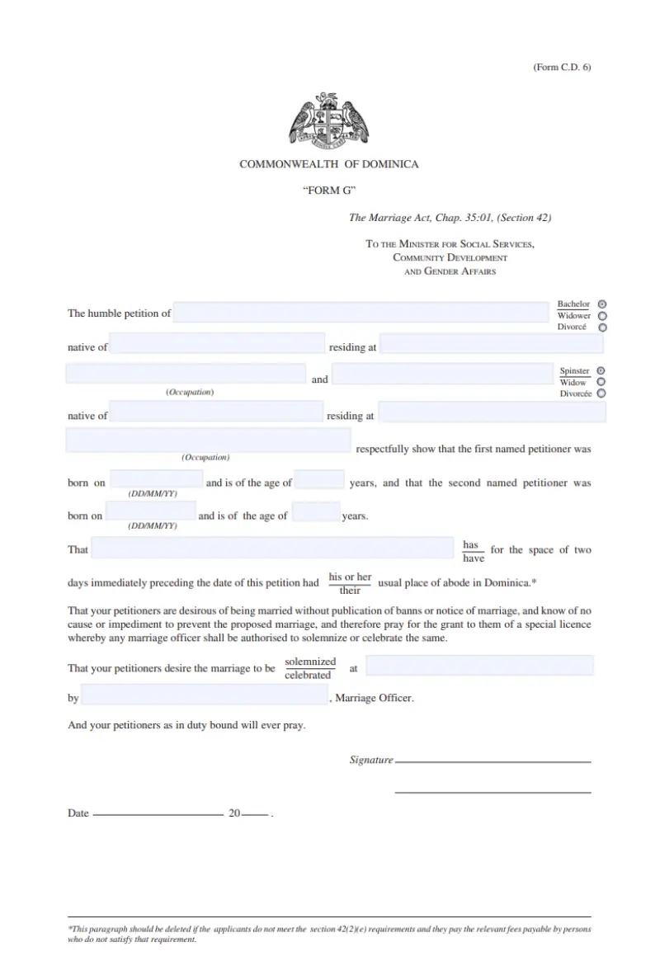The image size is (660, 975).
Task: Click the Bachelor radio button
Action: tap(602, 304)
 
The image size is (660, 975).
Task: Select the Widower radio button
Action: tap(602, 315)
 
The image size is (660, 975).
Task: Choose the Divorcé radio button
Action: tap(602, 327)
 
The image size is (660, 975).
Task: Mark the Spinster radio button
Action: tap(601, 370)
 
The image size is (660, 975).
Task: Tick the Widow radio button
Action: tap(601, 382)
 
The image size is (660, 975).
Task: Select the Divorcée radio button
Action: tap(601, 393)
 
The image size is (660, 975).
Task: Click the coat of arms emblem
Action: tap(328, 120)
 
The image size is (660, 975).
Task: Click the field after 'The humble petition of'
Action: tap(361, 313)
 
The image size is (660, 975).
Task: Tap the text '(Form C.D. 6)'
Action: tap(562, 68)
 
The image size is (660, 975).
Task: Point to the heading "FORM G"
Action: tap(328, 191)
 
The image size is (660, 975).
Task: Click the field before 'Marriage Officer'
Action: tap(205, 696)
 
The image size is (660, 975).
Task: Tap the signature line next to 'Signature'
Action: tap(493, 760)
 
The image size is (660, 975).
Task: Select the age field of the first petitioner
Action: tap(319, 480)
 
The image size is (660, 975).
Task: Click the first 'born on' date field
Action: tap(156, 479)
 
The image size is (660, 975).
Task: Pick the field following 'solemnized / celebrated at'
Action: tap(479, 665)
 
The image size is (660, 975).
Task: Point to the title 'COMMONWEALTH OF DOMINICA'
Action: tap(328, 164)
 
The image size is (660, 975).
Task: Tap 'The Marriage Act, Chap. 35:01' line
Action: tap(450, 218)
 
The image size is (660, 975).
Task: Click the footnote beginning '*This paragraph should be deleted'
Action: tap(328, 934)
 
